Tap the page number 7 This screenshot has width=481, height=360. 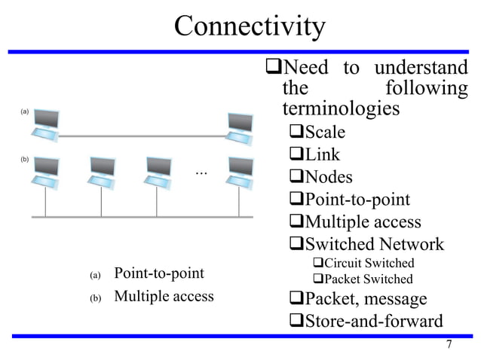(449, 345)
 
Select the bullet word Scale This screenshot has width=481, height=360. (324, 133)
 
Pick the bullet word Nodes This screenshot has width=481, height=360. (329, 177)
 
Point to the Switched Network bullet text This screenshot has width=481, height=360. (374, 244)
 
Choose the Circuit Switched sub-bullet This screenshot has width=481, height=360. (369, 263)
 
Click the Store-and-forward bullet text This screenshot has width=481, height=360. (373, 321)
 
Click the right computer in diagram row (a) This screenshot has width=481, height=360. (240, 125)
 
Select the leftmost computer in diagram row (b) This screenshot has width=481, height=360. (44, 171)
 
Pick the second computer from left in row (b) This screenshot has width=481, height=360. (100, 171)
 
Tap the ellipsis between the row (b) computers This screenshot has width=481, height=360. (201, 173)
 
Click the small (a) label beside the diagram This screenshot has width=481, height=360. (24, 111)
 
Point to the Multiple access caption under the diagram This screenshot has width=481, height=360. (164, 296)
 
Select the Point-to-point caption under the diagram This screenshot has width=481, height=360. (158, 272)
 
